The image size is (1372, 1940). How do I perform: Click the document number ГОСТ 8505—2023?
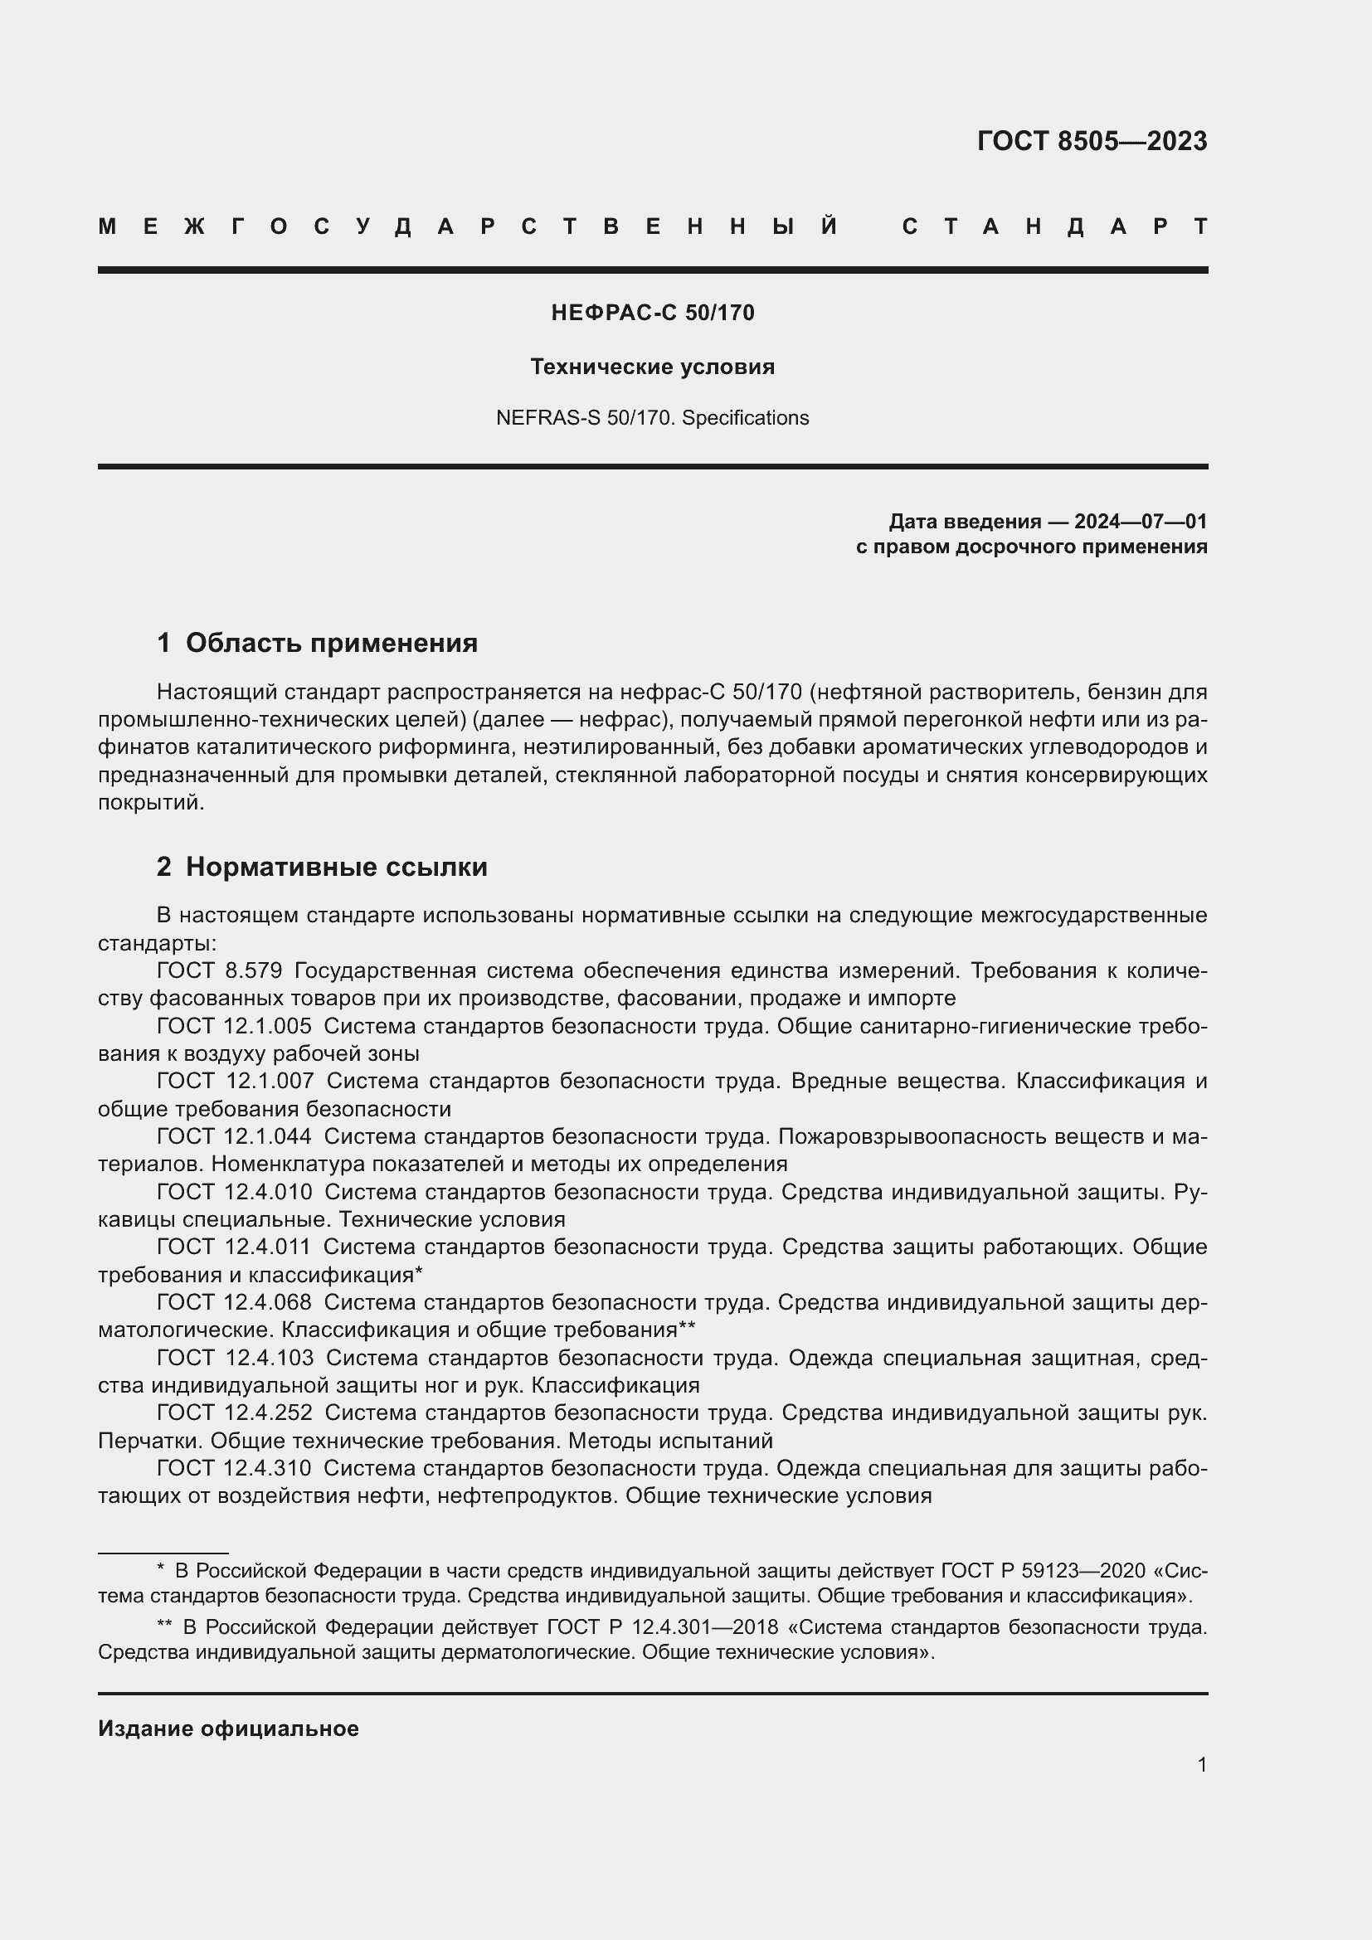pyautogui.click(x=1092, y=141)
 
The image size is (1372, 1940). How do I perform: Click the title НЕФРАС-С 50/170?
pyautogui.click(x=652, y=314)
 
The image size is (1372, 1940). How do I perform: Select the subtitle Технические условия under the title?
pyautogui.click(x=652, y=367)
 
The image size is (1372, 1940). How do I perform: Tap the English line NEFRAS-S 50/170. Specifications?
pyautogui.click(x=652, y=418)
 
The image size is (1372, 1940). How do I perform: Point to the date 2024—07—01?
pyautogui.click(x=1141, y=522)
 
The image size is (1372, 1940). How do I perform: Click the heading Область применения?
pyautogui.click(x=331, y=643)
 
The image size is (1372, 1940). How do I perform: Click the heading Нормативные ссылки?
pyautogui.click(x=336, y=867)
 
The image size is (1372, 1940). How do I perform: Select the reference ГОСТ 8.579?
pyautogui.click(x=219, y=971)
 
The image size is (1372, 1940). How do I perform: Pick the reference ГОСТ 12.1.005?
pyautogui.click(x=234, y=1027)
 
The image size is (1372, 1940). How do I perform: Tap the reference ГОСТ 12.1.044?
pyautogui.click(x=234, y=1137)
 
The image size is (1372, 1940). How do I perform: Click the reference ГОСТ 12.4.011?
pyautogui.click(x=234, y=1247)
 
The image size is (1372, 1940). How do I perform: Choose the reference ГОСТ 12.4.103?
pyautogui.click(x=234, y=1358)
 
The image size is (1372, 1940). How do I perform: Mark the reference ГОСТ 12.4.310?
pyautogui.click(x=234, y=1469)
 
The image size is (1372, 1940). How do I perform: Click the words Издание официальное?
pyautogui.click(x=228, y=1728)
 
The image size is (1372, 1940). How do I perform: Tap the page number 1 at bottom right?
pyautogui.click(x=1201, y=1764)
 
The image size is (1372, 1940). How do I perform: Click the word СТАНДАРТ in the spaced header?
pyautogui.click(x=1054, y=227)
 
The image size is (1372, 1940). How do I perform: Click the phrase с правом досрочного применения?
pyautogui.click(x=1031, y=547)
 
